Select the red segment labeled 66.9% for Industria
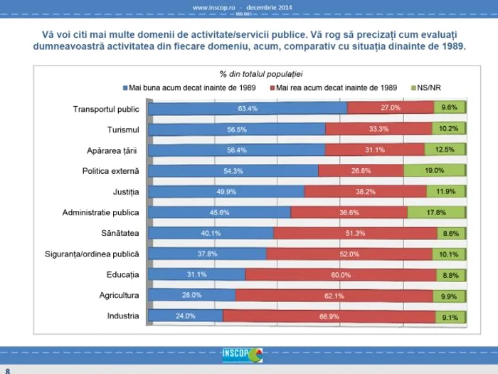click(329, 316)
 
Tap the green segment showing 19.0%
click(434, 171)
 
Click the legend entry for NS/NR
click(430, 88)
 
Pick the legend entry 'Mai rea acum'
click(334, 88)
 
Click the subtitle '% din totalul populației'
click(261, 74)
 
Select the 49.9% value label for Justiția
click(228, 192)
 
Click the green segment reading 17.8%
click(436, 212)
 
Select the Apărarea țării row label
click(114, 150)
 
